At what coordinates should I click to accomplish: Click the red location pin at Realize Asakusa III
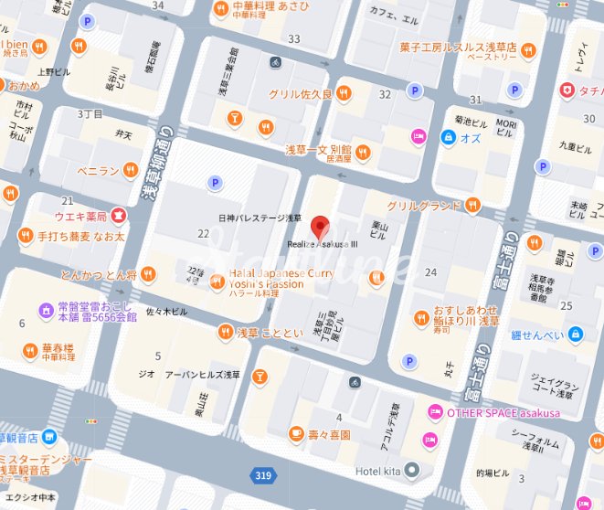319,226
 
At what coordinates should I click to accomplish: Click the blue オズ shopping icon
448,137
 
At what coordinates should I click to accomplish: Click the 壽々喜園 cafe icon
296,434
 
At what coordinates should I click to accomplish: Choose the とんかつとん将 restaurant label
99,274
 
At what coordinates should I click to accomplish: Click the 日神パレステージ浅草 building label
260,218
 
